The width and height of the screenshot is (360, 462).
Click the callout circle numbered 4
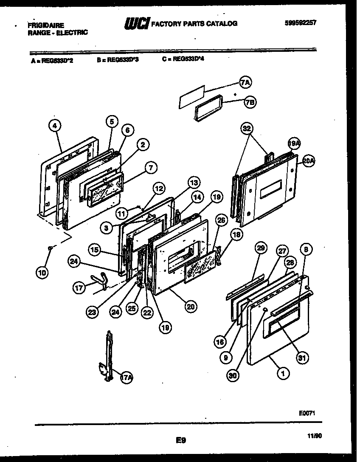tap(55, 125)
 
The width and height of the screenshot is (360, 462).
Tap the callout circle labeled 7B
tap(250, 102)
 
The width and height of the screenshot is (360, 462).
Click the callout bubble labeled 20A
tap(309, 161)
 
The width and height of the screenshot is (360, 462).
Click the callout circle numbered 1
tap(283, 373)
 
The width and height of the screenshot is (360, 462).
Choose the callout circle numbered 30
tap(232, 376)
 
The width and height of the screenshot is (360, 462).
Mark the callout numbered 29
tap(261, 248)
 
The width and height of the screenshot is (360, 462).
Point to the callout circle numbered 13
tap(193, 183)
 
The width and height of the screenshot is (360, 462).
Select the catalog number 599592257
tap(301, 23)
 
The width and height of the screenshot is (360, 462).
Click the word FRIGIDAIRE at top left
tap(46, 25)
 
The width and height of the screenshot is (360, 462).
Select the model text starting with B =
tap(118, 60)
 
